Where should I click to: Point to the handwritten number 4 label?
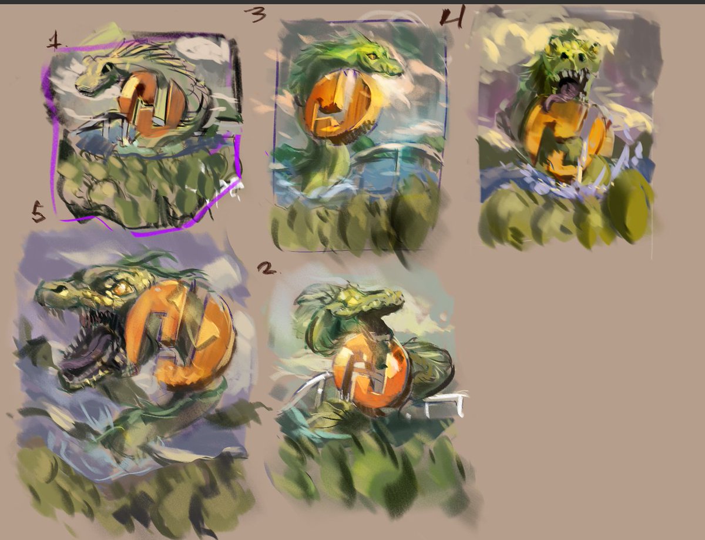pyautogui.click(x=452, y=18)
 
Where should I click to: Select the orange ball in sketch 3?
pyautogui.click(x=337, y=106)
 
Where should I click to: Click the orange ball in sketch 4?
pyautogui.click(x=561, y=138)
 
